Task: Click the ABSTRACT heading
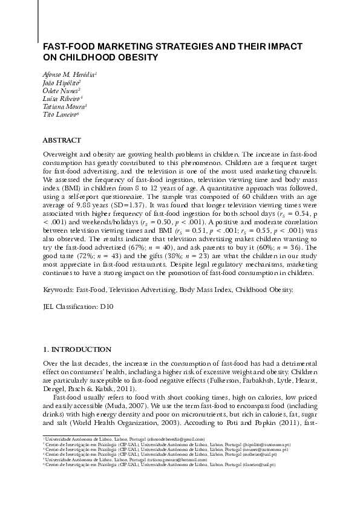[62, 140]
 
